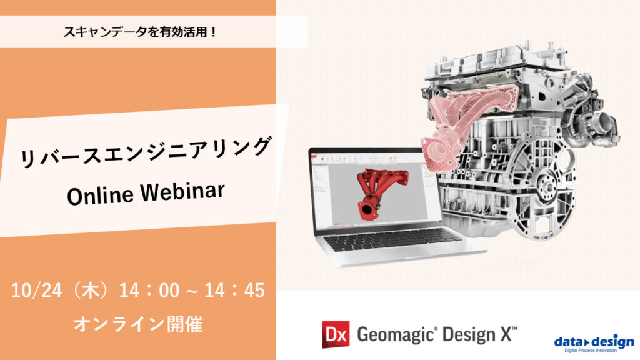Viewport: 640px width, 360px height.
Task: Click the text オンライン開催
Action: [137, 325]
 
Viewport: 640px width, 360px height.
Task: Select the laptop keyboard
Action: [394, 238]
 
